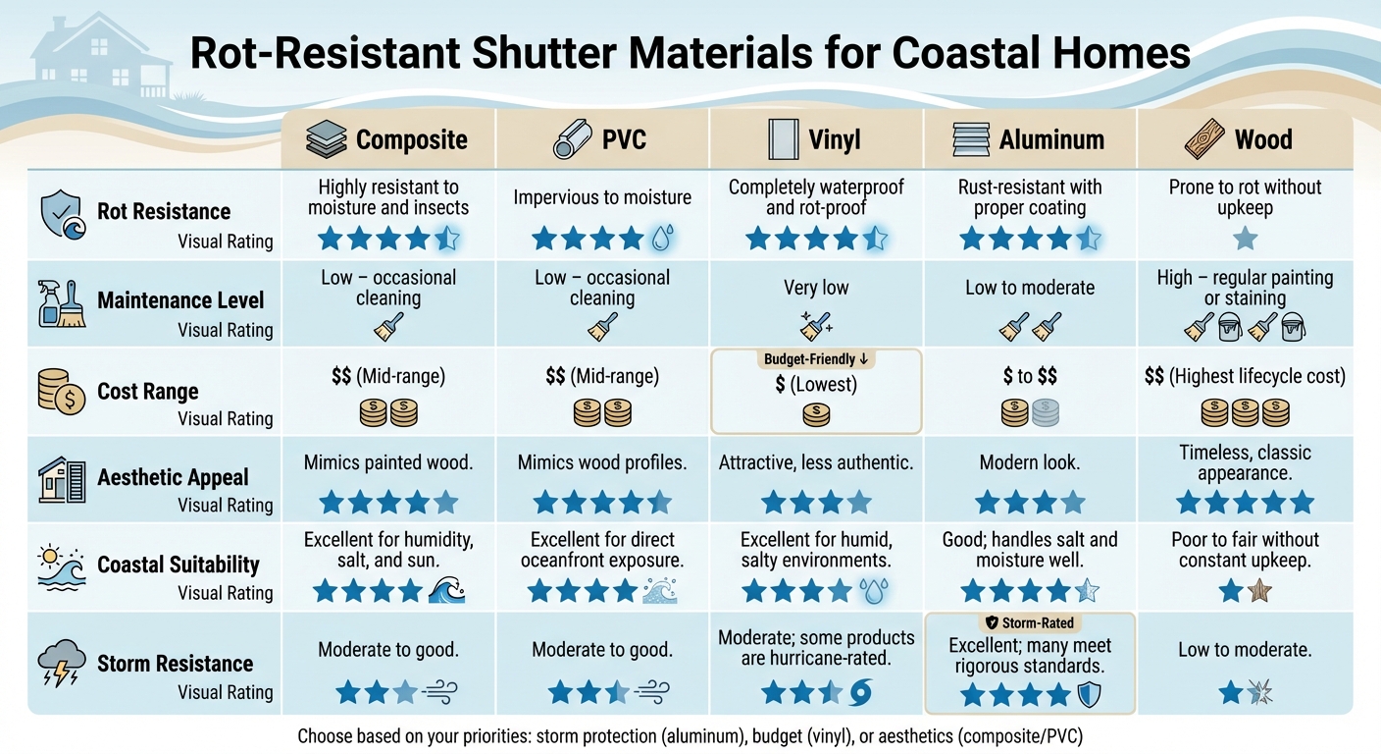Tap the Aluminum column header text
pyautogui.click(x=1051, y=140)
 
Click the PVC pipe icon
pyautogui.click(x=571, y=140)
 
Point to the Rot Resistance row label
pyautogui.click(x=164, y=211)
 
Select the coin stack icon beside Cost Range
pyautogui.click(x=62, y=392)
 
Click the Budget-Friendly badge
pyautogui.click(x=815, y=359)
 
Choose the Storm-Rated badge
pyautogui.click(x=1029, y=622)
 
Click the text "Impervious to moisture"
pyautogui.click(x=601, y=197)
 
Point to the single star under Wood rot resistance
pyautogui.click(x=1245, y=238)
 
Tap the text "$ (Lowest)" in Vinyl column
pyautogui.click(x=815, y=385)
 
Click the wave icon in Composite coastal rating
pyautogui.click(x=447, y=590)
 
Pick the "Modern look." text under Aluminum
pyautogui.click(x=1029, y=462)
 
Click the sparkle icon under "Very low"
pyautogui.click(x=815, y=323)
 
